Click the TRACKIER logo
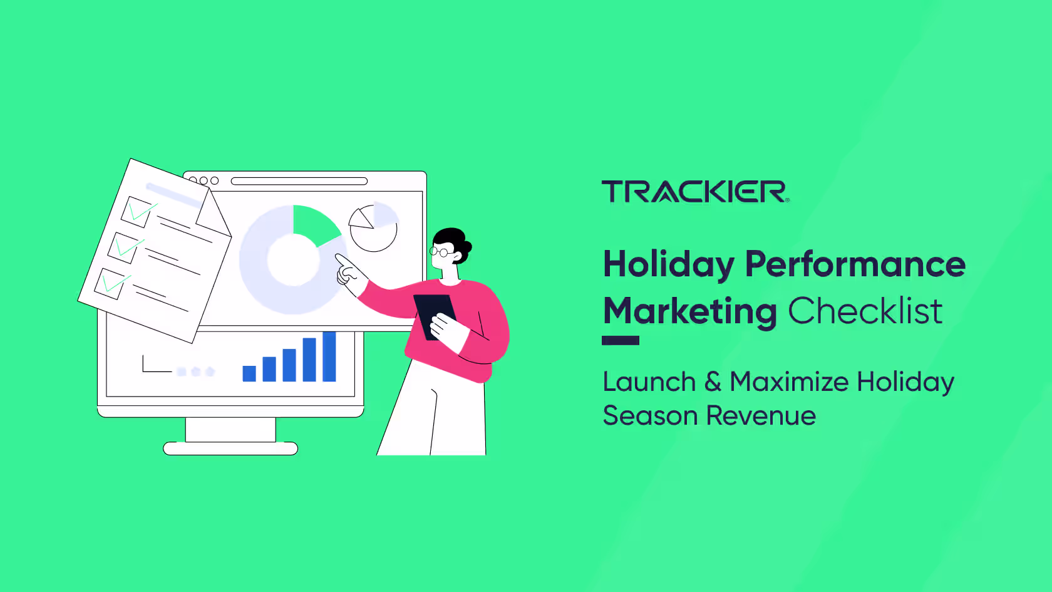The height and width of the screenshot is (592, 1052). tap(694, 192)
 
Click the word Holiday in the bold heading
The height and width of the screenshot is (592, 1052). tap(668, 264)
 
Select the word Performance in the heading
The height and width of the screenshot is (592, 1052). tap(855, 264)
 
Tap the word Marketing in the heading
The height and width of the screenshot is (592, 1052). tap(689, 311)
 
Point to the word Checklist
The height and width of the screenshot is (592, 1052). tap(865, 311)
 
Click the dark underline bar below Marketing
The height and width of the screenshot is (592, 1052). tap(620, 341)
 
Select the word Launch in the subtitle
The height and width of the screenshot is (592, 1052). tap(649, 382)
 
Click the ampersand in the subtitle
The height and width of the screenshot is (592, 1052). tap(713, 382)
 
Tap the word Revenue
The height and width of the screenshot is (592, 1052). tap(761, 416)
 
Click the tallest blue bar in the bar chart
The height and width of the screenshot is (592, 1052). tap(329, 356)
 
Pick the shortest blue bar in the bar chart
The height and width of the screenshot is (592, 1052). tap(249, 373)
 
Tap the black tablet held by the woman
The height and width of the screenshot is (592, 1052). tap(434, 313)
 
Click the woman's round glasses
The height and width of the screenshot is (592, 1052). tap(440, 252)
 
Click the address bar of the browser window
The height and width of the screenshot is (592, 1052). tap(299, 181)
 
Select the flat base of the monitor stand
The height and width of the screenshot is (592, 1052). tap(230, 449)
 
